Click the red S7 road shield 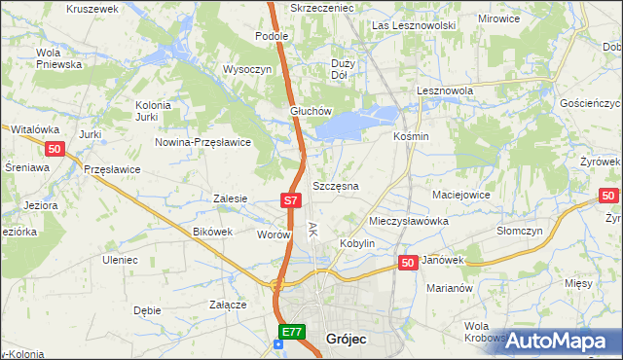(x=290, y=200)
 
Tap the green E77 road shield (x=291, y=333)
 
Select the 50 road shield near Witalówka (x=55, y=148)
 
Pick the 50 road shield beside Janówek (x=408, y=263)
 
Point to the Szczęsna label (x=336, y=185)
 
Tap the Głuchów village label (x=311, y=111)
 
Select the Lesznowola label (x=444, y=90)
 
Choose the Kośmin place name (x=410, y=136)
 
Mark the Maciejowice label (x=460, y=195)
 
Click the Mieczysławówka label (x=409, y=221)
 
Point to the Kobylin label (x=357, y=243)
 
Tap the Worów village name (x=274, y=234)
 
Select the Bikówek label (x=213, y=232)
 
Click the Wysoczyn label (x=246, y=70)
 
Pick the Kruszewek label (x=92, y=8)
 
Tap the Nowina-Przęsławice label (x=203, y=142)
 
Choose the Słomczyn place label (x=519, y=231)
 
